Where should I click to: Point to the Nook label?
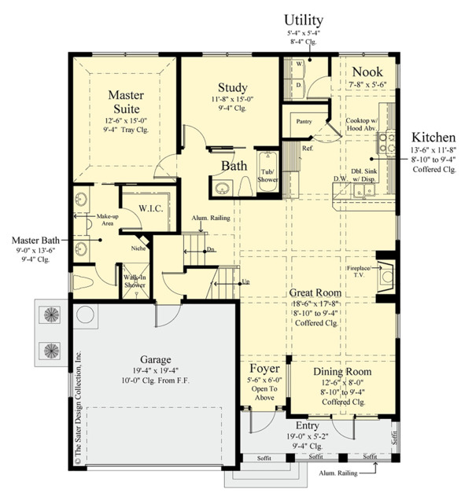coord(367,71)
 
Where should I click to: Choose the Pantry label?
coord(304,122)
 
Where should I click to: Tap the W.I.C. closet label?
coord(150,208)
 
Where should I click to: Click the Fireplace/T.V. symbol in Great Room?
coord(385,274)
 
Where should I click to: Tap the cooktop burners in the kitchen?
coord(388,142)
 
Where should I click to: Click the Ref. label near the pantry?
coord(308,148)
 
